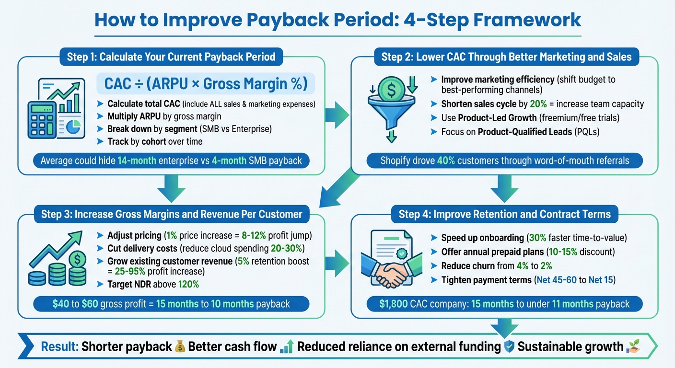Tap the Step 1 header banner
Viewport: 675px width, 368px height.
click(171, 57)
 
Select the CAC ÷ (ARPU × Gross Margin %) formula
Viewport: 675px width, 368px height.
click(206, 84)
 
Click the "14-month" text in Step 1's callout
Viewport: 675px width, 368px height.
click(137, 161)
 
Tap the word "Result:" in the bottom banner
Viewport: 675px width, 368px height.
click(60, 346)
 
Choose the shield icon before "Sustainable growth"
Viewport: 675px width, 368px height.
click(509, 346)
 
